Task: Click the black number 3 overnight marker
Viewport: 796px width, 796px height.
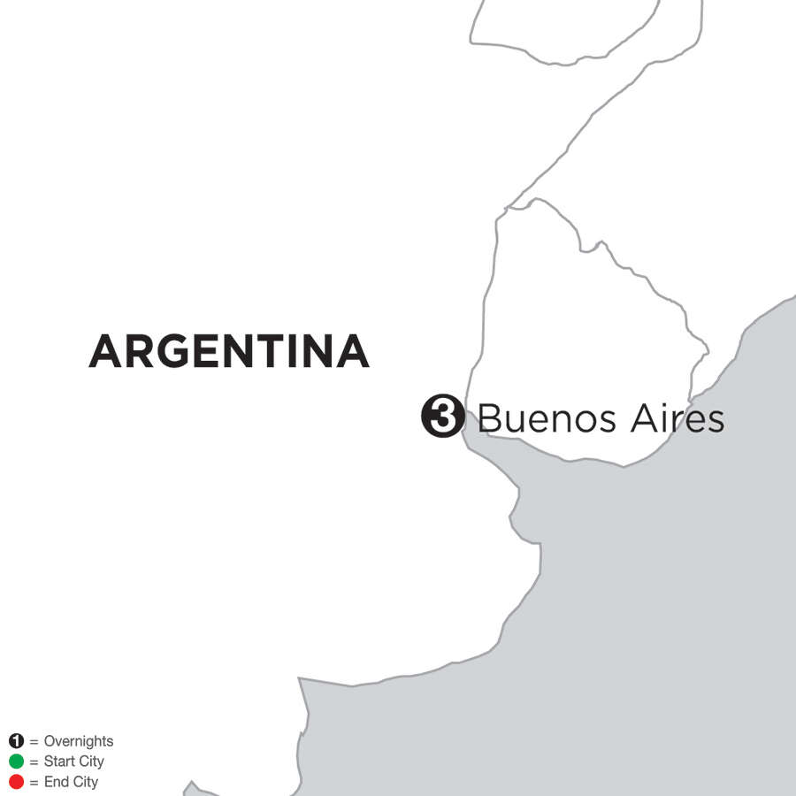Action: click(442, 417)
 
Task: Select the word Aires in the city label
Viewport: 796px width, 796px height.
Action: click(677, 417)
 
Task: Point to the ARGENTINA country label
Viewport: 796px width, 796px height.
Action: click(228, 352)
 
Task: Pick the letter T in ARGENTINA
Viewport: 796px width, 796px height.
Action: click(267, 352)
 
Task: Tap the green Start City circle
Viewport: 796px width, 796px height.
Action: click(16, 762)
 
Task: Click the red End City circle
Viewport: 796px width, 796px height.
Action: click(16, 782)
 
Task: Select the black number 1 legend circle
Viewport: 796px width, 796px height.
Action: click(16, 741)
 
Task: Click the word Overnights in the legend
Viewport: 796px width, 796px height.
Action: click(79, 742)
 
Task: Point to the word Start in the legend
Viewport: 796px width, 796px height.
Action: click(59, 762)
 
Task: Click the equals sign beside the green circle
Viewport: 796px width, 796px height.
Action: click(34, 762)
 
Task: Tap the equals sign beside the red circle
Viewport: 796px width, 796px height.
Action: click(34, 782)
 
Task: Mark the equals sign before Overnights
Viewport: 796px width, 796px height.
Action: click(34, 742)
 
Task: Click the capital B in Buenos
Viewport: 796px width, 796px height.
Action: click(490, 417)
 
